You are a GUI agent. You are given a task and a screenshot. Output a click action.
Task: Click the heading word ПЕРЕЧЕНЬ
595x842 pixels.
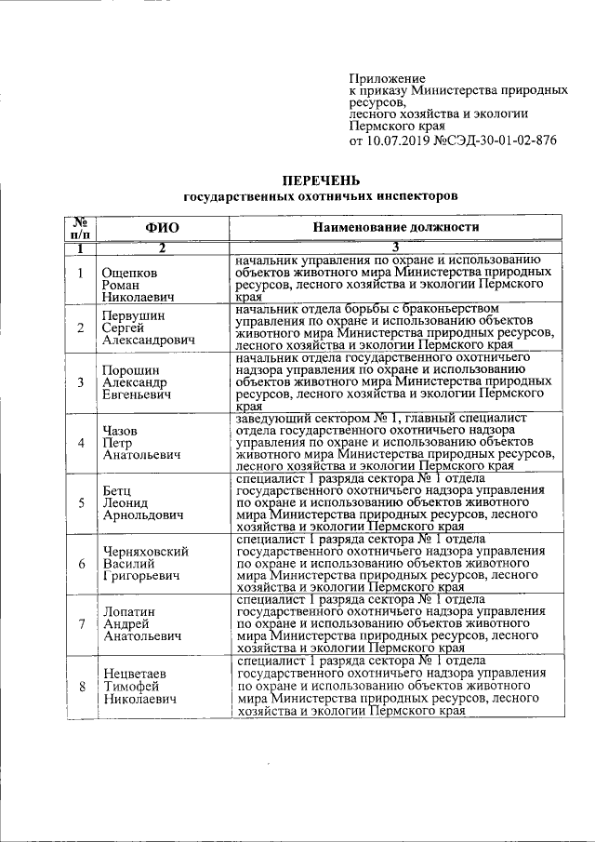321,180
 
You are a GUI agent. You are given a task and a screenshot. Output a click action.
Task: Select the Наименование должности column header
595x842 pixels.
396,227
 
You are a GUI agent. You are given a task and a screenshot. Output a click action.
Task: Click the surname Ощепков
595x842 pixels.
130,273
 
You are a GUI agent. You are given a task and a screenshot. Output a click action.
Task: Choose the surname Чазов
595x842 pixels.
122,431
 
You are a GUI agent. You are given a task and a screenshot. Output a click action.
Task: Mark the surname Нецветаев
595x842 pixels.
137,671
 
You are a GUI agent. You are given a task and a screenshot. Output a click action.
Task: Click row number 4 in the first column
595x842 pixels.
81,442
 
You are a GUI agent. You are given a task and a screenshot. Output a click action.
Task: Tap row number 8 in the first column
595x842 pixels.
81,686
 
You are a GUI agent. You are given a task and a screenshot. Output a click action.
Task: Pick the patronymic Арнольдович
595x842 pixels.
142,516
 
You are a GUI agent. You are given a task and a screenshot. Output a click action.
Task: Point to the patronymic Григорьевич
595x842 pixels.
140,577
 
